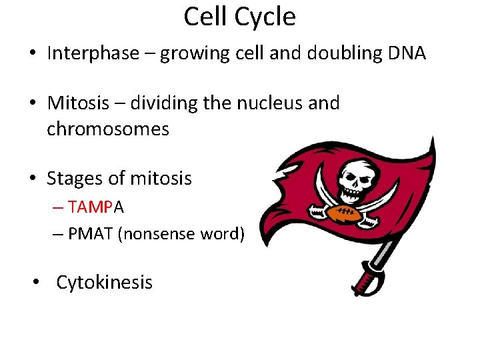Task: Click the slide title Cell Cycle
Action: click(239, 17)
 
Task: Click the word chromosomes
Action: click(108, 129)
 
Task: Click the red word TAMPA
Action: click(95, 207)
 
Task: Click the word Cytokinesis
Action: click(104, 282)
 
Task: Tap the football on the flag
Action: click(344, 213)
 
